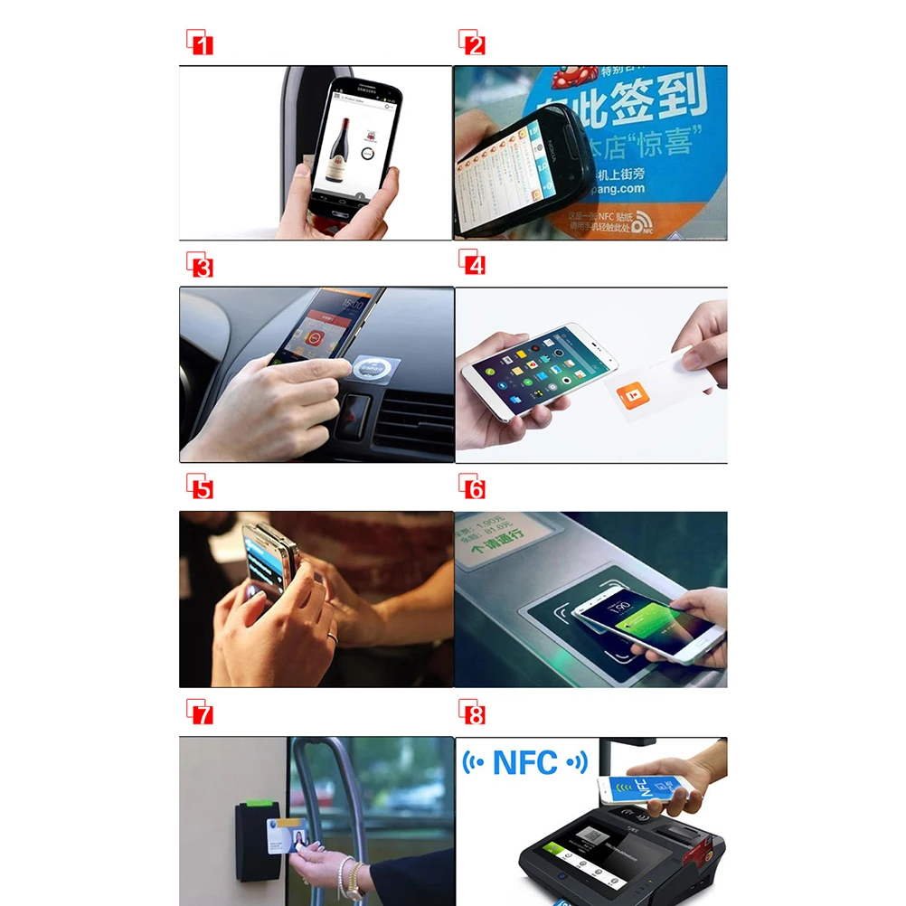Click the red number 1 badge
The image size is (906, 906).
click(x=200, y=42)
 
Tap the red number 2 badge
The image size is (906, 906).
click(x=472, y=42)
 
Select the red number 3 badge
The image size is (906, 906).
click(x=200, y=266)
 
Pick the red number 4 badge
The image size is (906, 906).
click(x=472, y=264)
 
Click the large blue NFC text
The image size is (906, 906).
click(x=525, y=762)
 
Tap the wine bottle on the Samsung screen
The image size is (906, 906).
click(x=344, y=140)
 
